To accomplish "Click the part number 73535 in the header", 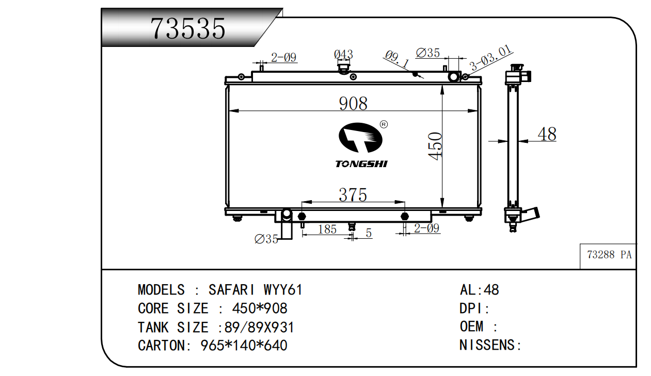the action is (188, 28).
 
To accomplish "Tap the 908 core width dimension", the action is (353, 103).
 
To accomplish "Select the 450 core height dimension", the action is (435, 146).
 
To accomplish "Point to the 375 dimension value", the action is (353, 194).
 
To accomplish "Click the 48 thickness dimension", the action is (547, 134).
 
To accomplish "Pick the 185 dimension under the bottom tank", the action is (327, 230).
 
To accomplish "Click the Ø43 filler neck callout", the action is (343, 54).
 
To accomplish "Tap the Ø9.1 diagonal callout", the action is (397, 59).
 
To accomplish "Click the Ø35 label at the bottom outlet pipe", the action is (266, 239).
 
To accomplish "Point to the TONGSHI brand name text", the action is (361, 164).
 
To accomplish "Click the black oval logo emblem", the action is (360, 138).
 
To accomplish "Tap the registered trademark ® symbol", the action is (384, 124).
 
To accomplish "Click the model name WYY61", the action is (283, 290).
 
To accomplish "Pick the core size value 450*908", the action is (260, 308).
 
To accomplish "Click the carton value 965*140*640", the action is (244, 346).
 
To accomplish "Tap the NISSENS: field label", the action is (490, 345).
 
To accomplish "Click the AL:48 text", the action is (480, 290).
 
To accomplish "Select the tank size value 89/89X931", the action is (259, 327).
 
